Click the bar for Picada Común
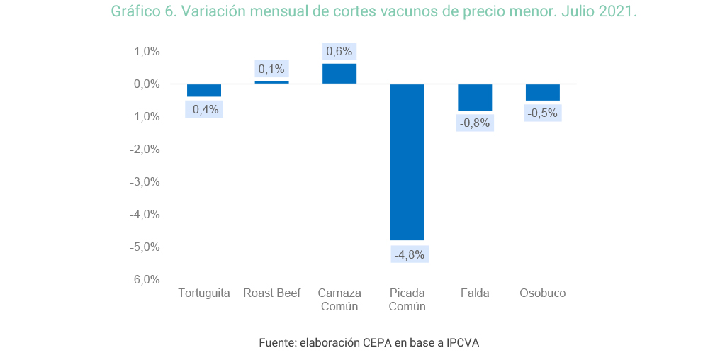pos(407,162)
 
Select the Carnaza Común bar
pos(339,74)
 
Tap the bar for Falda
pos(475,97)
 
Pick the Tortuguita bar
pos(204,90)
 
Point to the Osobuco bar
pos(543,92)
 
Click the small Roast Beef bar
pos(271,82)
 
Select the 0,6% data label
pos(339,52)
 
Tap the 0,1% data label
pos(271,69)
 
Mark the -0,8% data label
pos(475,123)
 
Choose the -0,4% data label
pos(204,109)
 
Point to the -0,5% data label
pos(543,113)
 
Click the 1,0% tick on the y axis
pos(147,52)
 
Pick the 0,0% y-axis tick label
pos(147,84)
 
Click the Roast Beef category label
pos(271,293)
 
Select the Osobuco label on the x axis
pos(543,293)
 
